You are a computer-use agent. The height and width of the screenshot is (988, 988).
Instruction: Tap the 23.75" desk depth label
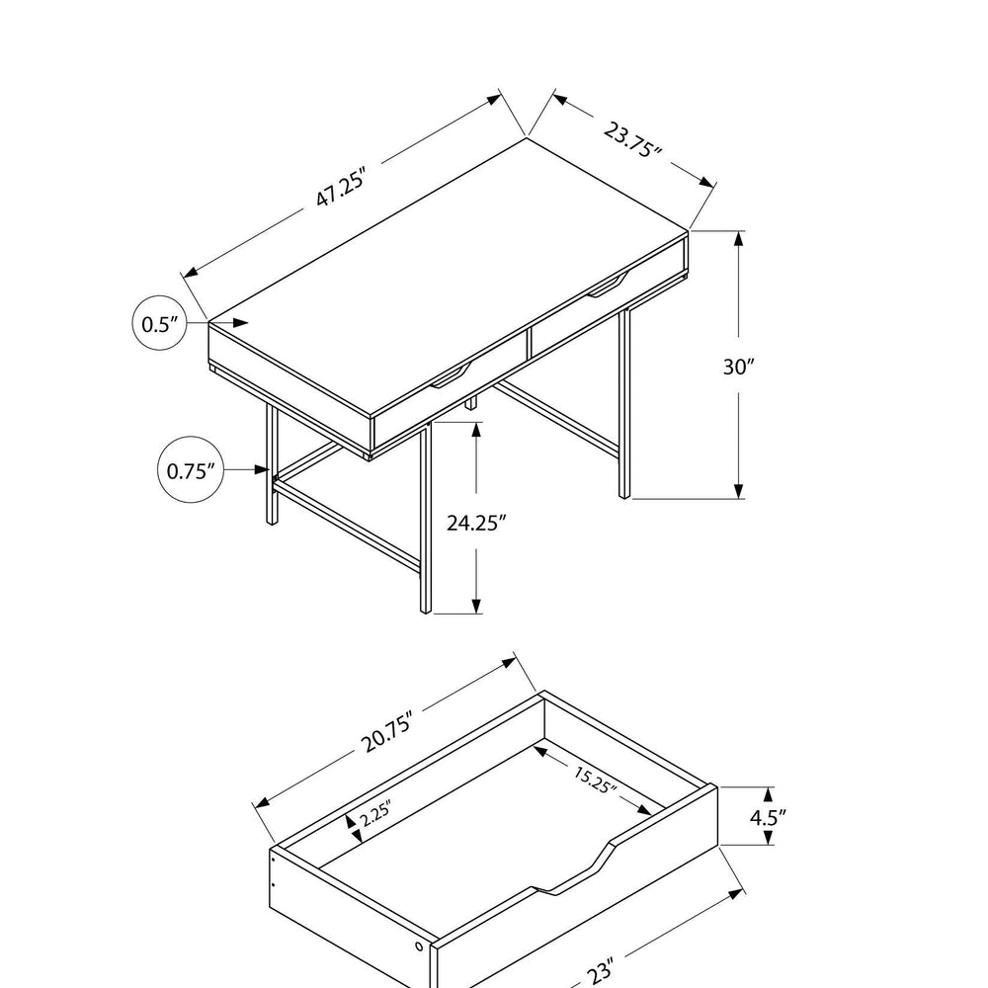[632, 140]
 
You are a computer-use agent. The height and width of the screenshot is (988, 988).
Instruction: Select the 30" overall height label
[738, 367]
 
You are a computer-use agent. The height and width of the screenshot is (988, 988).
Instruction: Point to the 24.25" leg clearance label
[476, 523]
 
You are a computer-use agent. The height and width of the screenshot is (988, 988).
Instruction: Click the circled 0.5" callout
[159, 323]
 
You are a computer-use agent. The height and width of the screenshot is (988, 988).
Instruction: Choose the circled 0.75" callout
[191, 469]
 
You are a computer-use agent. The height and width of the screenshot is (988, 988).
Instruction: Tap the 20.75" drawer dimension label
[388, 731]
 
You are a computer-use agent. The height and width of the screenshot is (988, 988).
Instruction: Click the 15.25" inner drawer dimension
[593, 779]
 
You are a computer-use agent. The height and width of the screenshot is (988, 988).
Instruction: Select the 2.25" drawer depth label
[375, 813]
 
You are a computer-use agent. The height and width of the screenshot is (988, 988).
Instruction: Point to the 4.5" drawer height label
[768, 817]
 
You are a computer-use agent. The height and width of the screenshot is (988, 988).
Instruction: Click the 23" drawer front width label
[601, 970]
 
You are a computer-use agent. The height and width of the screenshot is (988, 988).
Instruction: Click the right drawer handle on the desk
[609, 285]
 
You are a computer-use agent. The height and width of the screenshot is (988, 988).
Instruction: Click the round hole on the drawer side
[419, 947]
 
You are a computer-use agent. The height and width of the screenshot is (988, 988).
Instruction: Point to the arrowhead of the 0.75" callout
[262, 469]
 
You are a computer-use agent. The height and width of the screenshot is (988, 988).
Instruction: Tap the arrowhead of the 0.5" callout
[240, 323]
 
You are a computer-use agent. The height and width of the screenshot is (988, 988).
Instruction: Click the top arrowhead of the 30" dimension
[738, 240]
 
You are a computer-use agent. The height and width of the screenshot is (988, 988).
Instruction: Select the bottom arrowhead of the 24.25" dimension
[476, 604]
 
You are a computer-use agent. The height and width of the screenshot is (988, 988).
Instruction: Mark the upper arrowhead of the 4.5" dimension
[768, 794]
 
